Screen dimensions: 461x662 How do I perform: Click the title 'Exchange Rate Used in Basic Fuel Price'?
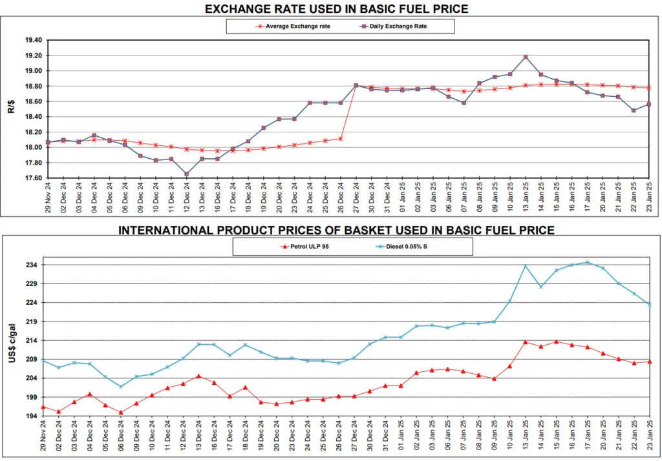(x=336, y=8)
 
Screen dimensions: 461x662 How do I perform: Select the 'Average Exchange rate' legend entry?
(x=294, y=26)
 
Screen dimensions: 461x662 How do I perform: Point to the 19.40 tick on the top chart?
(x=33, y=40)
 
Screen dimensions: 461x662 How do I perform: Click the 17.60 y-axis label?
(x=33, y=178)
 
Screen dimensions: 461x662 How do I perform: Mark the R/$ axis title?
(x=12, y=107)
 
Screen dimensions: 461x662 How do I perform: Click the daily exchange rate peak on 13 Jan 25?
(x=526, y=57)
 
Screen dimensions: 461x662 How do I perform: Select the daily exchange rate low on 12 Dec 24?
(x=187, y=174)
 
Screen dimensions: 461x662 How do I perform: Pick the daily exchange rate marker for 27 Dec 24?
(x=356, y=85)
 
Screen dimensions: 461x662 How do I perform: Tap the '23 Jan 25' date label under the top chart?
(x=649, y=198)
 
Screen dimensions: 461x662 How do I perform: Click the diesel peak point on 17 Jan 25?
(x=588, y=262)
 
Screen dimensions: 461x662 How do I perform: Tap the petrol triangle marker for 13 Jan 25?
(x=526, y=342)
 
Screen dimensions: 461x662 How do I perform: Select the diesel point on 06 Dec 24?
(x=121, y=387)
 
